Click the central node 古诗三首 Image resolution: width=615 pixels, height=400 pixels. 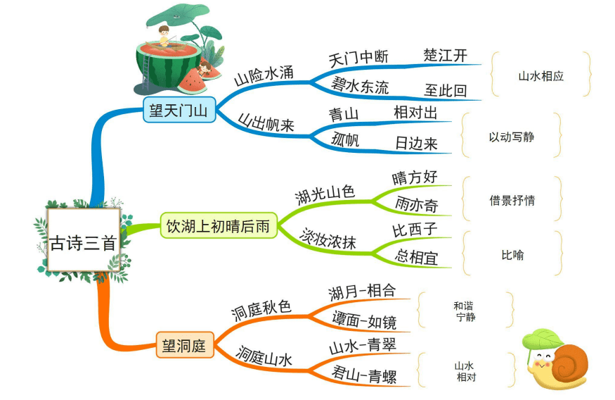(84, 239)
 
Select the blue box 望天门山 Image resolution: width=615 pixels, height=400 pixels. (179, 110)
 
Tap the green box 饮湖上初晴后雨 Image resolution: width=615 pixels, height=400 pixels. (219, 225)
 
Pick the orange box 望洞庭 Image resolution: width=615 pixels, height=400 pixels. (184, 345)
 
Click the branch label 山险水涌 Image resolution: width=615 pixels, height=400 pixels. (264, 75)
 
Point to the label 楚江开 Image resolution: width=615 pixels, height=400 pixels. (445, 55)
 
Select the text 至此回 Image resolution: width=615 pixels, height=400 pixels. (446, 90)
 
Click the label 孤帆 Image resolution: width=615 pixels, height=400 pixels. (345, 139)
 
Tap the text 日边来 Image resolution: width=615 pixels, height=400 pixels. (416, 144)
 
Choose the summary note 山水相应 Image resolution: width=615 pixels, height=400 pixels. (541, 76)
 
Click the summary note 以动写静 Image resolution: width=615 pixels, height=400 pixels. (512, 137)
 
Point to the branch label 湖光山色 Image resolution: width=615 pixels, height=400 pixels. (325, 194)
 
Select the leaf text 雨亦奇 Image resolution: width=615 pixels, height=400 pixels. (416, 205)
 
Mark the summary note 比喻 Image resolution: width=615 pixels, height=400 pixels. (512, 255)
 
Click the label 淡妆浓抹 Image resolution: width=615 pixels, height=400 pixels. (328, 238)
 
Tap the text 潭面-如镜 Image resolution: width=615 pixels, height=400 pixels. (364, 320)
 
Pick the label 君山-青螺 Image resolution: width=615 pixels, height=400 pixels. (364, 375)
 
